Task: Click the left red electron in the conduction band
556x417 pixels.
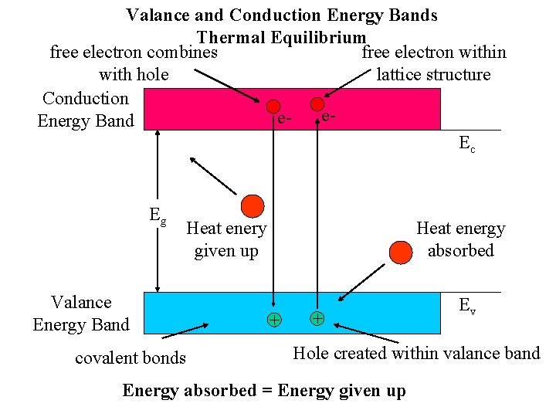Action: click(x=273, y=107)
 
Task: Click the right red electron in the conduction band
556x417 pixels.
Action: click(x=317, y=103)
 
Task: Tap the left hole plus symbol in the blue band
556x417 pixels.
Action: click(x=273, y=320)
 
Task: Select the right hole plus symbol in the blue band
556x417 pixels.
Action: click(x=317, y=317)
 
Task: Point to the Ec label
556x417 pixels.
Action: click(x=467, y=143)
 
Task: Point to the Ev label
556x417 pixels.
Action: click(x=467, y=306)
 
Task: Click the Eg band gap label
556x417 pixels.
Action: click(x=158, y=216)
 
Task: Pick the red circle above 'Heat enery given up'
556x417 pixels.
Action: click(x=252, y=205)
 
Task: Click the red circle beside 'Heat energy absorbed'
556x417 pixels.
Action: click(x=401, y=252)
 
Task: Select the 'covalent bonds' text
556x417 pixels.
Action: click(x=131, y=358)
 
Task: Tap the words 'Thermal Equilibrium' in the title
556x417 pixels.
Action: click(x=281, y=37)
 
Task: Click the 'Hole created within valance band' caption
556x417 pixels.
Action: click(x=416, y=353)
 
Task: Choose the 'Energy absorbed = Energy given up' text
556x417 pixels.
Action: click(x=263, y=391)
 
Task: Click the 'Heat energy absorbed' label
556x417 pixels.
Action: click(x=460, y=239)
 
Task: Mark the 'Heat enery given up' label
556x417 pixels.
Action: click(x=226, y=239)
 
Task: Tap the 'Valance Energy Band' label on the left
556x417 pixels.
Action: click(x=81, y=313)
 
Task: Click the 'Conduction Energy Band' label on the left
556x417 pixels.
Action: click(x=86, y=109)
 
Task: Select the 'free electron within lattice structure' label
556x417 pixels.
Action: click(x=433, y=63)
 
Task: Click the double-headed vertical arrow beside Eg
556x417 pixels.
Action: click(x=158, y=211)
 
